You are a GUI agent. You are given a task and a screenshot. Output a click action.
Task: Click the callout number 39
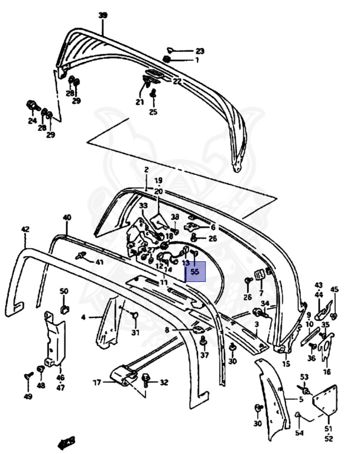click(103, 15)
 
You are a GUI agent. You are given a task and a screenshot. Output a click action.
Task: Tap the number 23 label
click(200, 51)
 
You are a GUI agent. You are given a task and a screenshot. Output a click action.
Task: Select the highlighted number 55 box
click(195, 272)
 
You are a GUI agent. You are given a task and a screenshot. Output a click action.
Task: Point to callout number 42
click(25, 229)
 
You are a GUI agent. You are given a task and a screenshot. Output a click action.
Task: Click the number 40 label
click(67, 218)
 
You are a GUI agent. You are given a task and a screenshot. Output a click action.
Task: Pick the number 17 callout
click(97, 382)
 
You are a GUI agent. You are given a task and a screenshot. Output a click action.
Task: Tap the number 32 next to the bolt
click(164, 382)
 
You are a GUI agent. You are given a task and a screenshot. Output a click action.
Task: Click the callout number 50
click(64, 291)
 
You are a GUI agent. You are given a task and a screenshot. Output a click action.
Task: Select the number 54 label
click(299, 433)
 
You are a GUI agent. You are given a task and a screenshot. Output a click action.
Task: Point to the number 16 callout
click(327, 372)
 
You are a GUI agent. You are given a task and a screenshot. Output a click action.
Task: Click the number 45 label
click(335, 290)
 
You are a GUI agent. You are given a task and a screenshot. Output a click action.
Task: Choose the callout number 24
click(32, 121)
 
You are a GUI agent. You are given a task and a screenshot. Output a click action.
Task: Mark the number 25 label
click(153, 112)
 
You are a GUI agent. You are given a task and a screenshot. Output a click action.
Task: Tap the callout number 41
click(99, 262)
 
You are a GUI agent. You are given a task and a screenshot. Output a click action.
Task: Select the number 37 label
click(205, 355)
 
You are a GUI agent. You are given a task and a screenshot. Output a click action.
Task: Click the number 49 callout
click(27, 397)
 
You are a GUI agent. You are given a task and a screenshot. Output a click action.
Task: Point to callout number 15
click(286, 364)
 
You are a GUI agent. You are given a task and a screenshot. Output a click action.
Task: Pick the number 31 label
click(135, 333)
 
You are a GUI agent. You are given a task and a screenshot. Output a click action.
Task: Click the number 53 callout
click(304, 377)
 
